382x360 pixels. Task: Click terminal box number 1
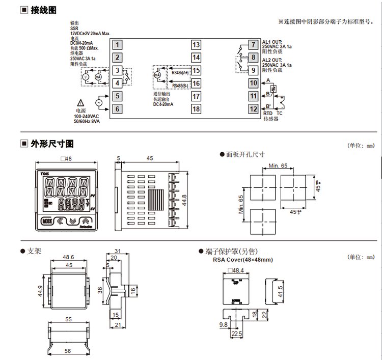pyautogui.click(x=117, y=45)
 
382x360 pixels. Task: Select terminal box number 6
pyautogui.click(x=117, y=108)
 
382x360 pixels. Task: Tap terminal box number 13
pyautogui.click(x=196, y=45)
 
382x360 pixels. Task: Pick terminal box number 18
pyautogui.click(x=196, y=108)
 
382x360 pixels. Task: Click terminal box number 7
pyautogui.click(x=253, y=45)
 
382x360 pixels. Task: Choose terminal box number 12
pyautogui.click(x=253, y=108)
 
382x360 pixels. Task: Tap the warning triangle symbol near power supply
pyautogui.click(x=81, y=102)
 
